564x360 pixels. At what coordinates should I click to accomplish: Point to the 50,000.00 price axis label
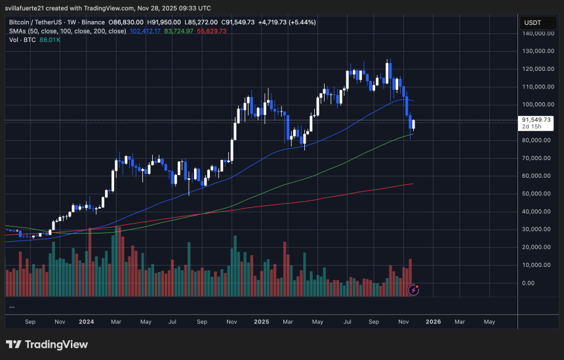(x=538, y=193)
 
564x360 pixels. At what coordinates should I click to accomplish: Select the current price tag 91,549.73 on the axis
(x=538, y=120)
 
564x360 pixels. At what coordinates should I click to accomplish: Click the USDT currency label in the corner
(x=531, y=23)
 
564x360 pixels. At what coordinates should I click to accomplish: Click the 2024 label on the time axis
(x=87, y=322)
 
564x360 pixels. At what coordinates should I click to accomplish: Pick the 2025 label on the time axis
(x=261, y=322)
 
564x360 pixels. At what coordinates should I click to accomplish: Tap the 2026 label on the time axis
(x=433, y=322)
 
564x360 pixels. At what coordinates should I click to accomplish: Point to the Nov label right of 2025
(x=405, y=322)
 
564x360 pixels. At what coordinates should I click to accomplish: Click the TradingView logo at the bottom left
(x=47, y=345)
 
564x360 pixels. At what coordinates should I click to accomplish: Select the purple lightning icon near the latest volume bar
(x=414, y=289)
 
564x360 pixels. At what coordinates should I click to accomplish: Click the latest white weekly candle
(x=413, y=125)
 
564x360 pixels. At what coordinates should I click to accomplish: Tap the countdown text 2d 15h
(x=531, y=127)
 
